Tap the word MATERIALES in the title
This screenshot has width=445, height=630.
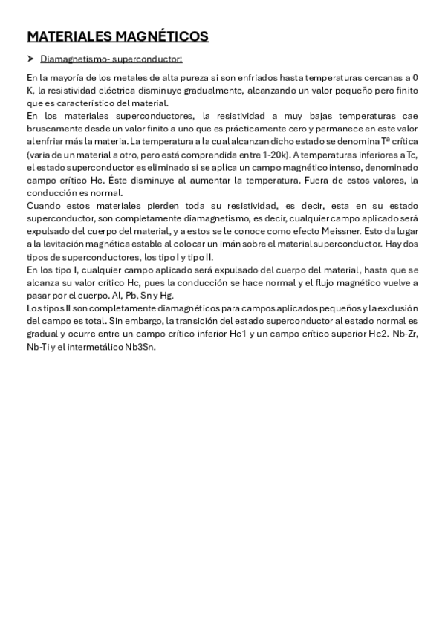68,36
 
